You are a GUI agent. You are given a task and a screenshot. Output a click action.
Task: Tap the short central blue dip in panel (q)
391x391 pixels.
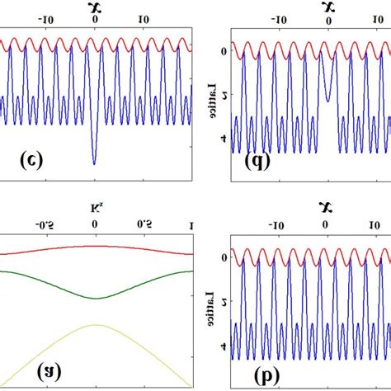(328, 100)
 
